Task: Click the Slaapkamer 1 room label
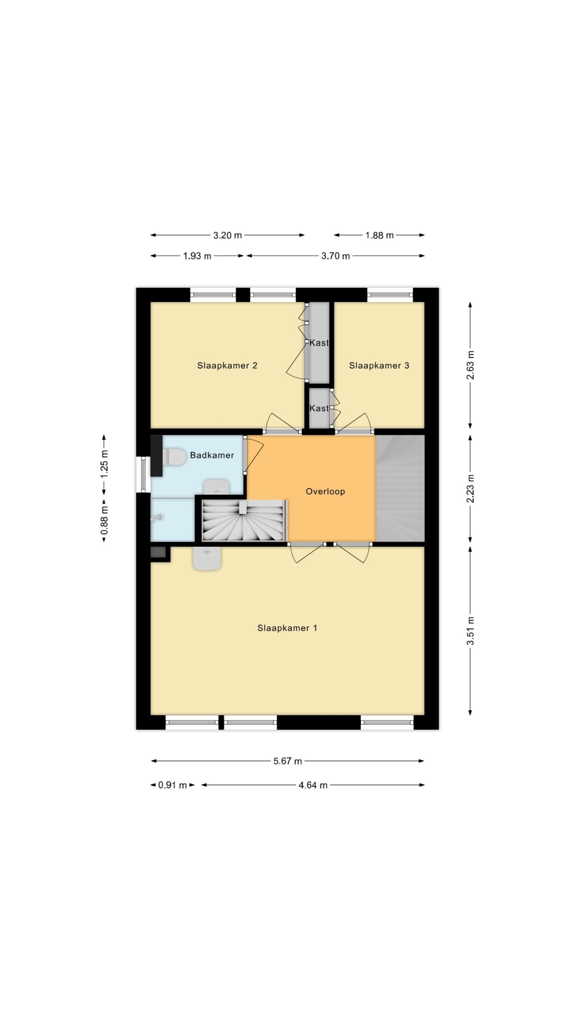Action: click(x=287, y=628)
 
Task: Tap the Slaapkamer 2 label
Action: click(x=227, y=365)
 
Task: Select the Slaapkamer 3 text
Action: click(x=379, y=365)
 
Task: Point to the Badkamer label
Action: click(x=212, y=455)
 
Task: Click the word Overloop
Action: click(x=325, y=491)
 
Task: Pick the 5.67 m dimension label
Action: click(x=287, y=761)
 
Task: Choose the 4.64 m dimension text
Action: click(x=313, y=785)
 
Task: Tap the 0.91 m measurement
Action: click(x=173, y=785)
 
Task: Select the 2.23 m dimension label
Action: click(x=471, y=488)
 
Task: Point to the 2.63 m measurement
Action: click(x=471, y=365)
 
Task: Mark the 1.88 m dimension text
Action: click(x=379, y=235)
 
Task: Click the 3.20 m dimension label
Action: click(x=228, y=235)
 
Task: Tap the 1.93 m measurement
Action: click(x=197, y=256)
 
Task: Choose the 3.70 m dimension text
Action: click(x=336, y=256)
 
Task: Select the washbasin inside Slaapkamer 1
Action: click(x=207, y=558)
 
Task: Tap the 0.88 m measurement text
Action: click(x=104, y=520)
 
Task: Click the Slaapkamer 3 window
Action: click(x=390, y=295)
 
